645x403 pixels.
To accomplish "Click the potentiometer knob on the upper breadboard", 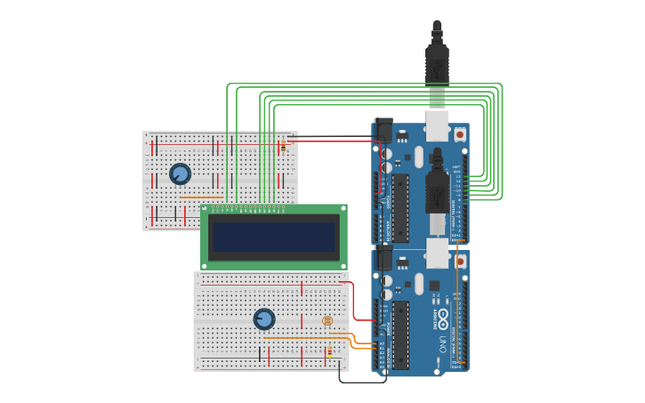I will (x=180, y=174).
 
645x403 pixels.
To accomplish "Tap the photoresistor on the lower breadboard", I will (x=327, y=320).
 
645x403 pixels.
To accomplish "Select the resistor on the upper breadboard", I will (x=283, y=145).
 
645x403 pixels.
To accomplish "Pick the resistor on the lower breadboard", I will (x=329, y=352).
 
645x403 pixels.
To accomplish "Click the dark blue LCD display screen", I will (x=274, y=237).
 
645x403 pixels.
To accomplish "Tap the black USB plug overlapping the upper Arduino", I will (x=437, y=187).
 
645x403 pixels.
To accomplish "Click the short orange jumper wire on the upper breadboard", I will (x=201, y=197).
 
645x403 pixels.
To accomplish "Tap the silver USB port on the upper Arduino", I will (x=437, y=125).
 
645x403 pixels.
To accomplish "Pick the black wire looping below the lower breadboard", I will (x=360, y=382).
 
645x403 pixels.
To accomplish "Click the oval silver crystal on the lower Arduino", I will (x=419, y=284).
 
